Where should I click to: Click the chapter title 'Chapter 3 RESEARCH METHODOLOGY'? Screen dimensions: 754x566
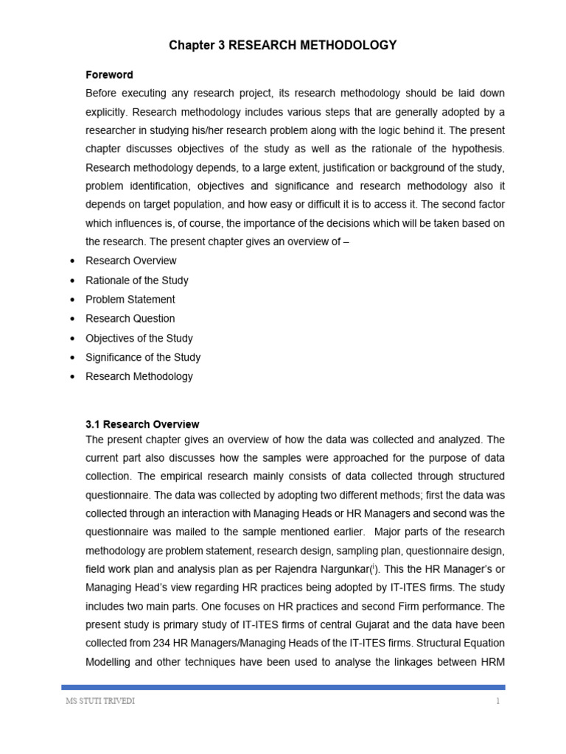(x=283, y=46)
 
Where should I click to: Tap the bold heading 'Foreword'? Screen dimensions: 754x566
(x=109, y=74)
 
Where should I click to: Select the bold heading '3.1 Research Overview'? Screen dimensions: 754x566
(x=142, y=424)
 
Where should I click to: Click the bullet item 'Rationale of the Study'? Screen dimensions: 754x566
(x=137, y=281)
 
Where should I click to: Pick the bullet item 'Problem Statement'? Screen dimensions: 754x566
(x=130, y=300)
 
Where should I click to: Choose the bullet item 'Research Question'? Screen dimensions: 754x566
(x=130, y=319)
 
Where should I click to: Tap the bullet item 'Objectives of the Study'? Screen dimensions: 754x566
(x=139, y=338)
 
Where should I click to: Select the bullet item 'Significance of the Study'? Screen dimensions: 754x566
(x=143, y=357)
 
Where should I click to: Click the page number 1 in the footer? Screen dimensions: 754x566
(x=498, y=701)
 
